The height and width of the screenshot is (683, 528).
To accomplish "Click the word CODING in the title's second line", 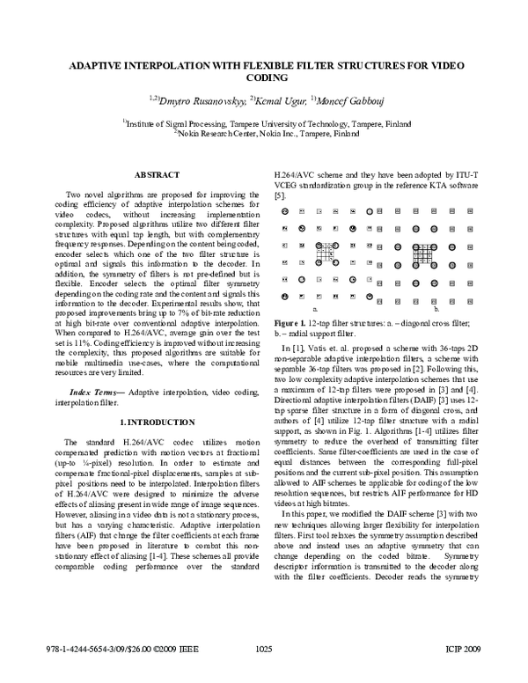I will click(x=264, y=77).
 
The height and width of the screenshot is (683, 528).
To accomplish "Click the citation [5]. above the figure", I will click(x=281, y=194).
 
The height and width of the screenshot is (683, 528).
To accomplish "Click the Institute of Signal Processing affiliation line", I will click(x=264, y=125).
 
